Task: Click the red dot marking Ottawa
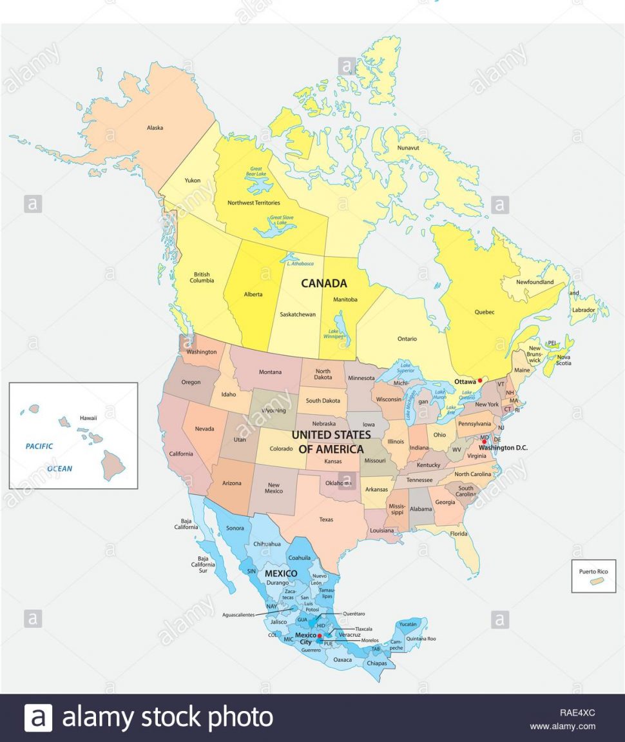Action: pos(480,381)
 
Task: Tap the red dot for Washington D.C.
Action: pos(484,441)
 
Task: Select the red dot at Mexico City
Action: pos(319,636)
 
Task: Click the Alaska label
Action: pos(155,128)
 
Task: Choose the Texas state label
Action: pos(326,519)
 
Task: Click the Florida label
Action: pos(459,534)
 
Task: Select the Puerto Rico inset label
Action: pos(593,571)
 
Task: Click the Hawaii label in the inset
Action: pos(88,418)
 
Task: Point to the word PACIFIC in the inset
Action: pos(39,446)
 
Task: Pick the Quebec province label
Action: pos(485,312)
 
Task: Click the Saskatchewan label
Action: pos(298,315)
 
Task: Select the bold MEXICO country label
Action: pos(281,573)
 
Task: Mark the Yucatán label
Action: pos(409,625)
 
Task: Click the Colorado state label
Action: pos(281,449)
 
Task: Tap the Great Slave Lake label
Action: pos(282,221)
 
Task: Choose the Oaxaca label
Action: pos(343,659)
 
